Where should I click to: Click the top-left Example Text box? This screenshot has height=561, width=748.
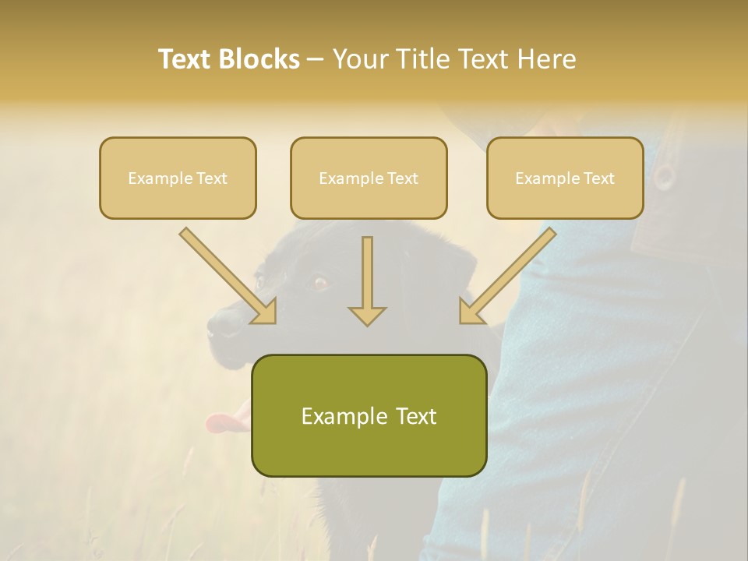click(178, 178)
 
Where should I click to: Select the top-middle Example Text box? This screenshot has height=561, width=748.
click(369, 178)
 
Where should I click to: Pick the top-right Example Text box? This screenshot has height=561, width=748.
click(565, 178)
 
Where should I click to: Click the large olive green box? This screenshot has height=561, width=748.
click(369, 415)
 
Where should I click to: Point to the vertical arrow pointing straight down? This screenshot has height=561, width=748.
click(367, 280)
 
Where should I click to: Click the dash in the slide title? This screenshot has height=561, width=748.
click(316, 59)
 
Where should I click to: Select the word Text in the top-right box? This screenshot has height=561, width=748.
click(598, 178)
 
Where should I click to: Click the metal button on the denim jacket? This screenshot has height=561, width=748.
click(663, 176)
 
